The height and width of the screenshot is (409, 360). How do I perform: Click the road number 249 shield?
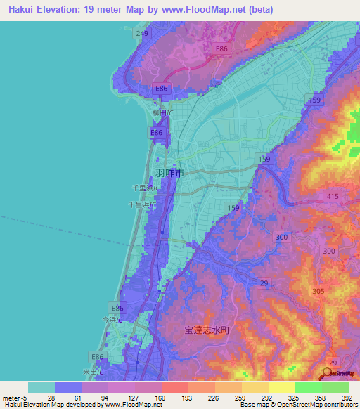pos(143,34)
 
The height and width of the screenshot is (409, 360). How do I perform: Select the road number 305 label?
pos(318,290)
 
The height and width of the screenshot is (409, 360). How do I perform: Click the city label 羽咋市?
pos(169,172)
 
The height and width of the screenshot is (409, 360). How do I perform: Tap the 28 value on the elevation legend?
pos(51,398)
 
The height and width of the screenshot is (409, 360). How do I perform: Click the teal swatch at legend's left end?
pos(41,387)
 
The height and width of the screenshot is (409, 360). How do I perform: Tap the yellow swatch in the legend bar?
pos(281,387)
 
